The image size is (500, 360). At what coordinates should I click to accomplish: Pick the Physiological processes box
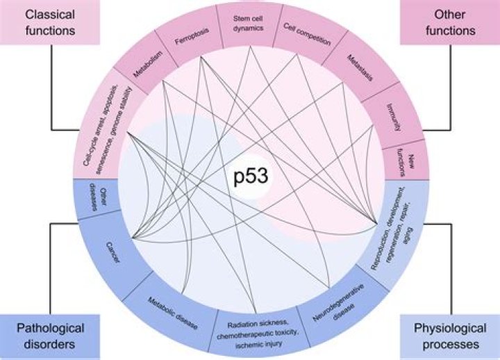(449, 335)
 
